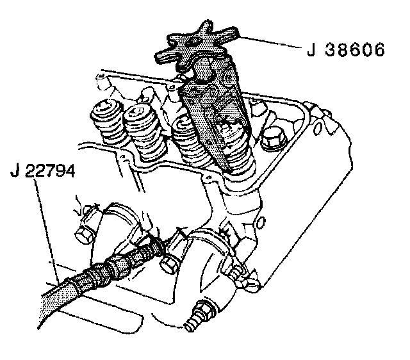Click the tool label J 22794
coord(43,172)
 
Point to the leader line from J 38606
coord(269,42)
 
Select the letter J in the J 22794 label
coord(15,172)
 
